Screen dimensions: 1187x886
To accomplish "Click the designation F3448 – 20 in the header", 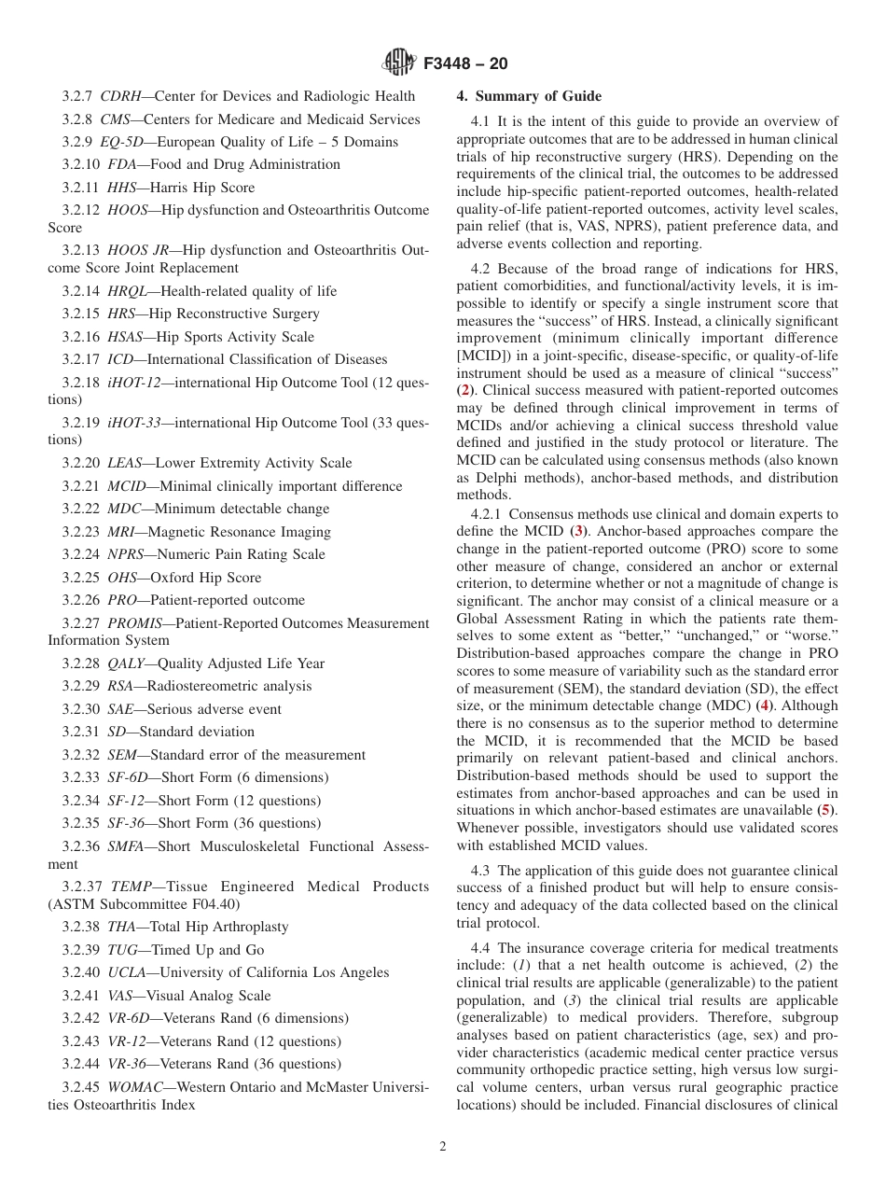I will click(x=464, y=64).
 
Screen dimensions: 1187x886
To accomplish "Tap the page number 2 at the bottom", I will click(x=443, y=1147).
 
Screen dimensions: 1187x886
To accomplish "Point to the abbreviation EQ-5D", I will click(x=124, y=142).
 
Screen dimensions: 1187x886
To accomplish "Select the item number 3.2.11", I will click(x=81, y=188).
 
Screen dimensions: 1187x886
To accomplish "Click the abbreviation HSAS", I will click(x=127, y=337).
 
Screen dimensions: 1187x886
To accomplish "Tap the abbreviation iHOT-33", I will click(x=134, y=423).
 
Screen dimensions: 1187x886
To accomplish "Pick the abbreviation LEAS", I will click(x=125, y=463).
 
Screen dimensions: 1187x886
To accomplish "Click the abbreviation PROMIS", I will click(x=136, y=623).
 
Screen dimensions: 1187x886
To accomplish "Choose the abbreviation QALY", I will click(x=126, y=663).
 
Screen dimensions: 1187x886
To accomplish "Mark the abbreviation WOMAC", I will click(x=137, y=1087).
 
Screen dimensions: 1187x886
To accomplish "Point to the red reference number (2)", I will click(x=464, y=390).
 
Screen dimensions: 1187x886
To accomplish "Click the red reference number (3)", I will click(x=579, y=532).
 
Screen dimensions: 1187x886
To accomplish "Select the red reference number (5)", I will click(x=824, y=810).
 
